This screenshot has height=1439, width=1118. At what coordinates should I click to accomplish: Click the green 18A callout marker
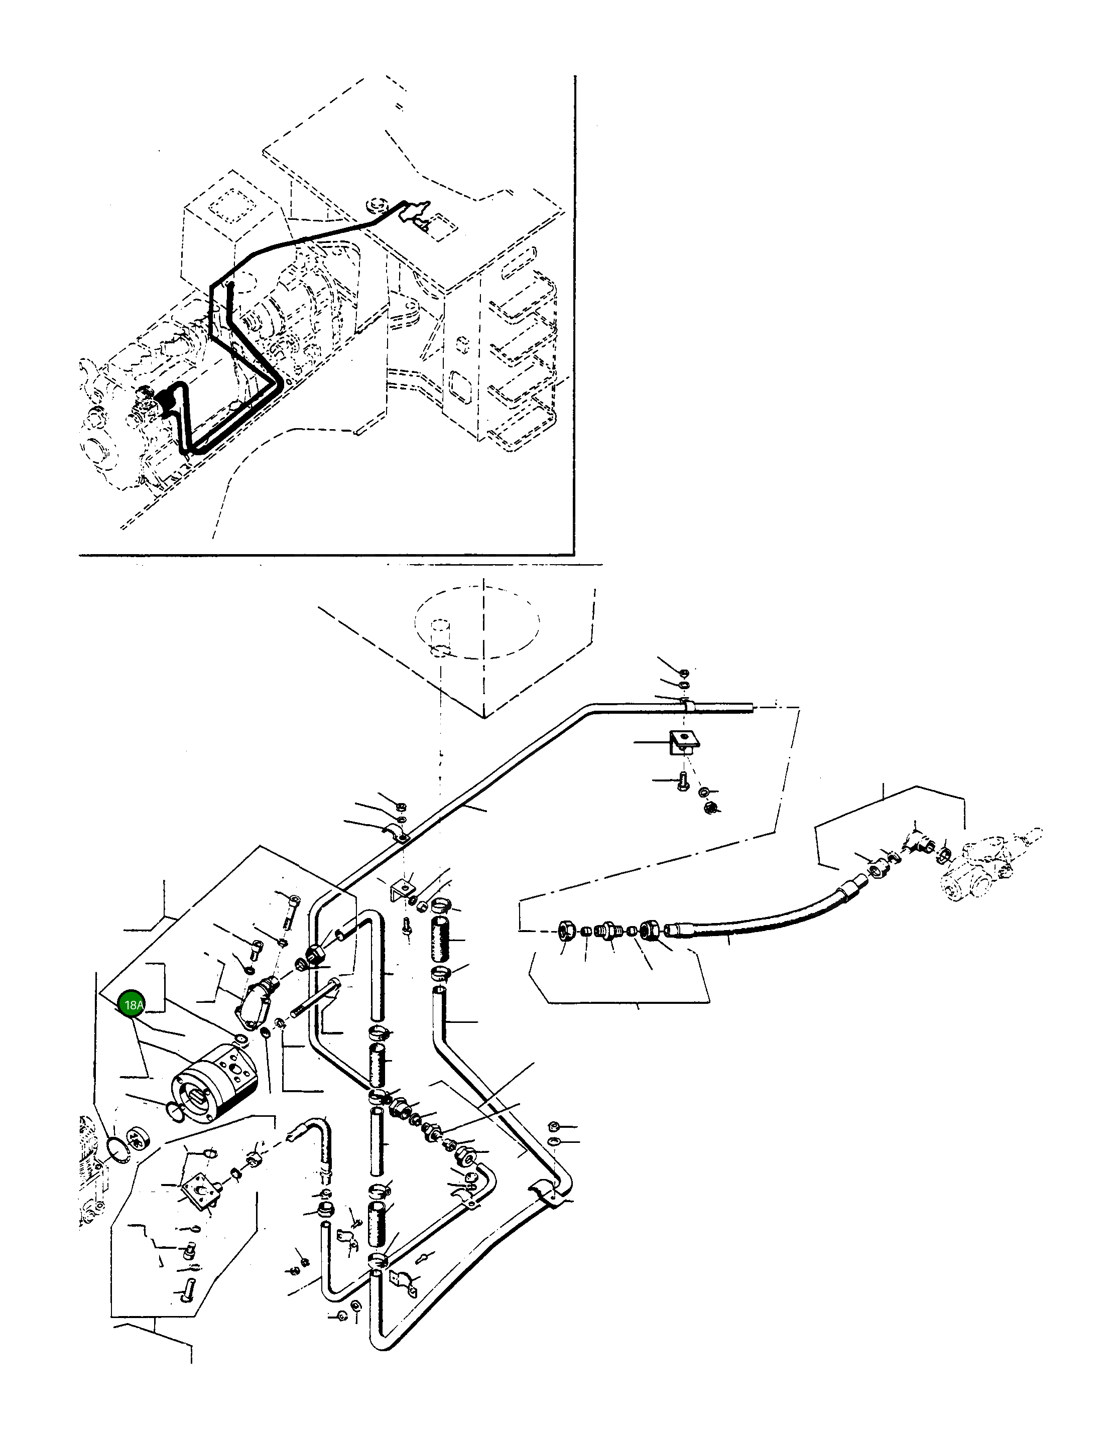[x=133, y=1005]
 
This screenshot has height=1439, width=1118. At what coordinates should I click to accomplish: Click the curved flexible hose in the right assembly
[x=758, y=912]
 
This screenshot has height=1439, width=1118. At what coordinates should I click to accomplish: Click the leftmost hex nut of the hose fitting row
[x=566, y=931]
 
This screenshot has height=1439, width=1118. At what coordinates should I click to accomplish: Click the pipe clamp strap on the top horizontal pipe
[x=686, y=706]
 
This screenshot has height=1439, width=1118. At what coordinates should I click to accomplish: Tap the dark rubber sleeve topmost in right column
[x=440, y=940]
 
